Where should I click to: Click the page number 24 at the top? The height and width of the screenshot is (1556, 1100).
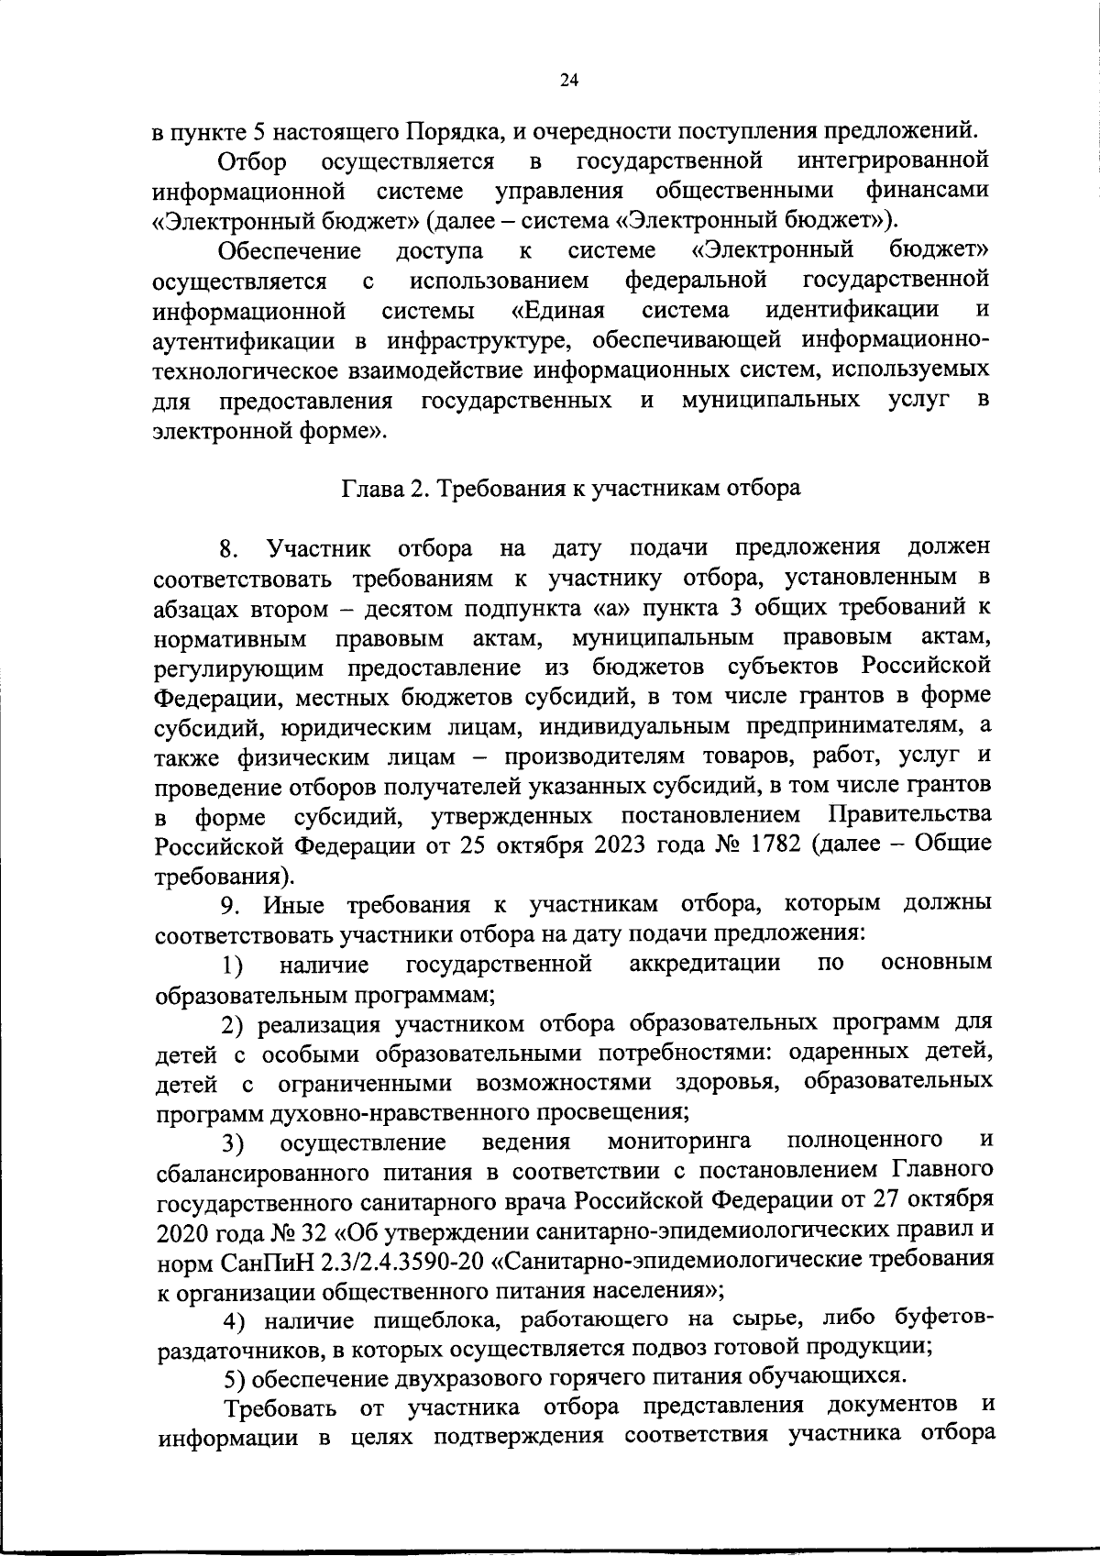tap(568, 81)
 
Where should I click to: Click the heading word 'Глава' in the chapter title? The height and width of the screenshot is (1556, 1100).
tap(371, 489)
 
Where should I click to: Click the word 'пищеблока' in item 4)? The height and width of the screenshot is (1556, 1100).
tap(432, 1320)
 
